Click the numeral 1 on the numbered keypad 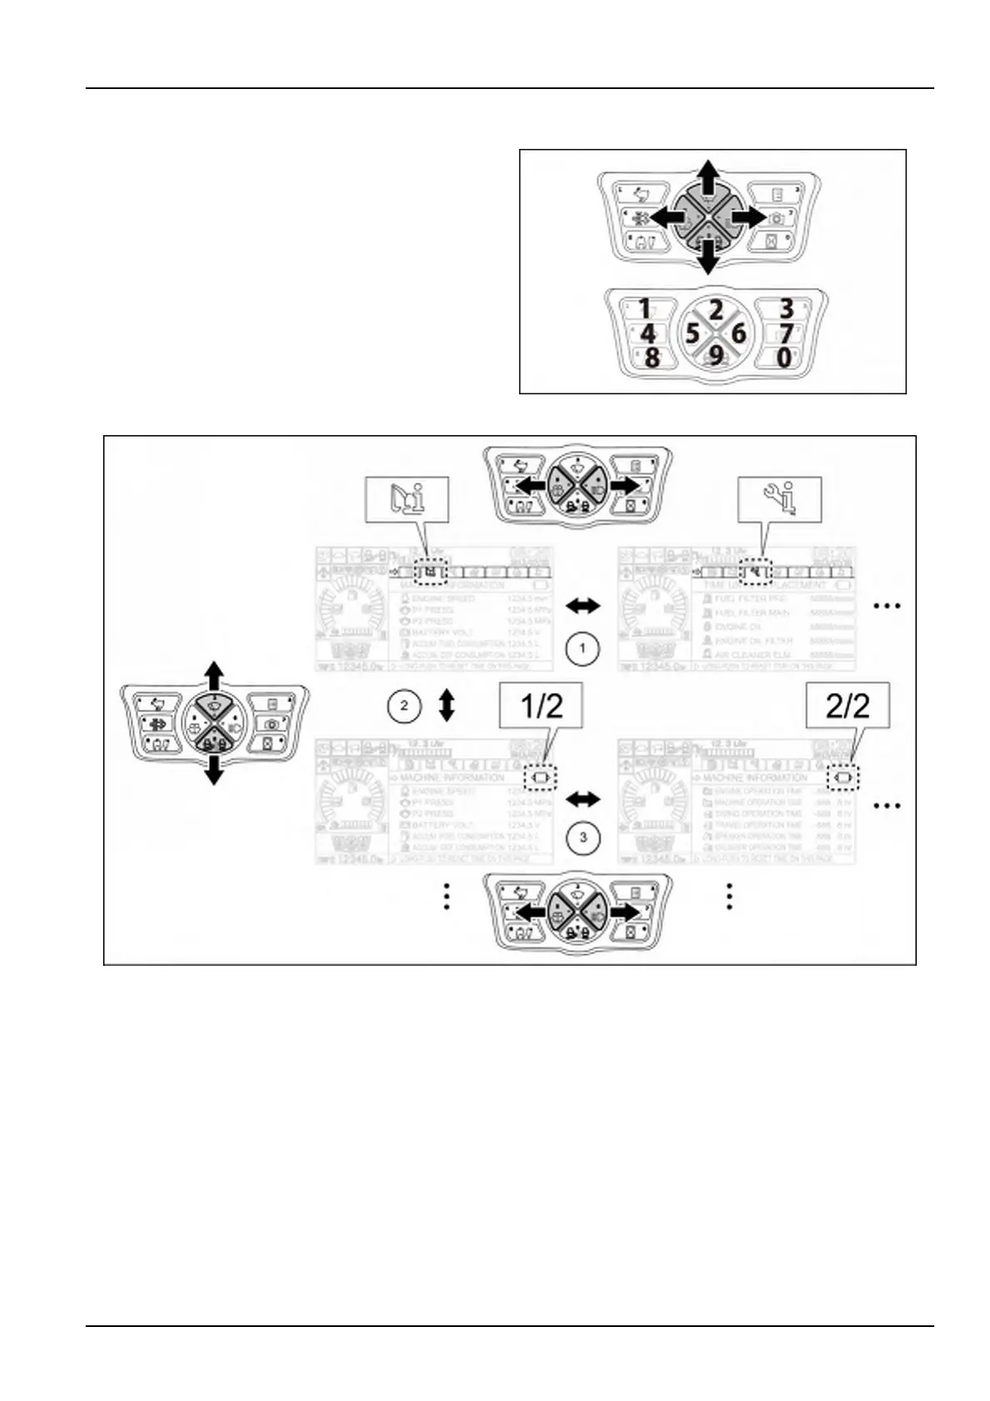pyautogui.click(x=645, y=309)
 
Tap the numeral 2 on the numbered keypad pyautogui.click(x=716, y=311)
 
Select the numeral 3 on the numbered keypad pyautogui.click(x=785, y=309)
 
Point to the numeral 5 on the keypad pyautogui.click(x=692, y=334)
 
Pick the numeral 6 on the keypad pyautogui.click(x=737, y=334)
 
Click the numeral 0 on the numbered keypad pyautogui.click(x=784, y=358)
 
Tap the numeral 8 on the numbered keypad pyautogui.click(x=651, y=359)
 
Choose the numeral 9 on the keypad pyautogui.click(x=715, y=357)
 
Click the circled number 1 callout pyautogui.click(x=582, y=648)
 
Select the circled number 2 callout pyautogui.click(x=404, y=706)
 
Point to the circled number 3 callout pyautogui.click(x=582, y=837)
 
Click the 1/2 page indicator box pyautogui.click(x=541, y=706)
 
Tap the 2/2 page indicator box pyautogui.click(x=847, y=705)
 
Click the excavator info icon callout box pyautogui.click(x=408, y=499)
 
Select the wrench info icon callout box pyautogui.click(x=780, y=499)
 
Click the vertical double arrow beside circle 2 pyautogui.click(x=447, y=705)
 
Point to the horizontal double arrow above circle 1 pyautogui.click(x=582, y=606)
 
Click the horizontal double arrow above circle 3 pyautogui.click(x=582, y=800)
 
